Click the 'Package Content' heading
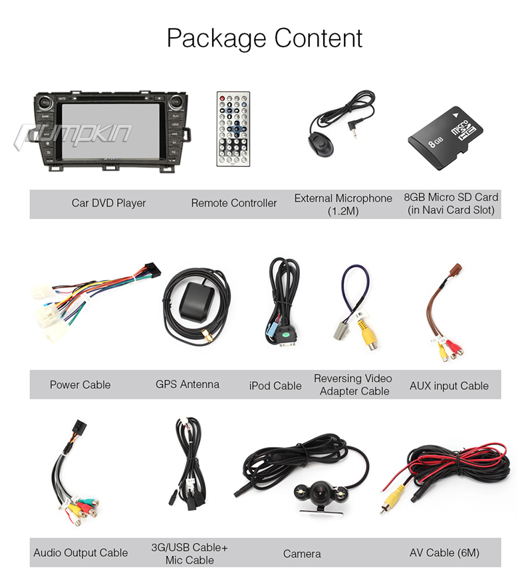click(x=265, y=38)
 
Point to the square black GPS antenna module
click(x=194, y=303)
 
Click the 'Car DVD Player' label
click(x=108, y=203)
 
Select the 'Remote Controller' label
click(x=234, y=203)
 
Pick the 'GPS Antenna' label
click(x=188, y=384)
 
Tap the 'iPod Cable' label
click(x=275, y=386)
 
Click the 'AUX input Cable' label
click(x=449, y=386)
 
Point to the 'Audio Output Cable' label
click(x=80, y=553)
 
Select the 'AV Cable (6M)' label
click(x=444, y=553)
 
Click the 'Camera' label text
click(x=302, y=553)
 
